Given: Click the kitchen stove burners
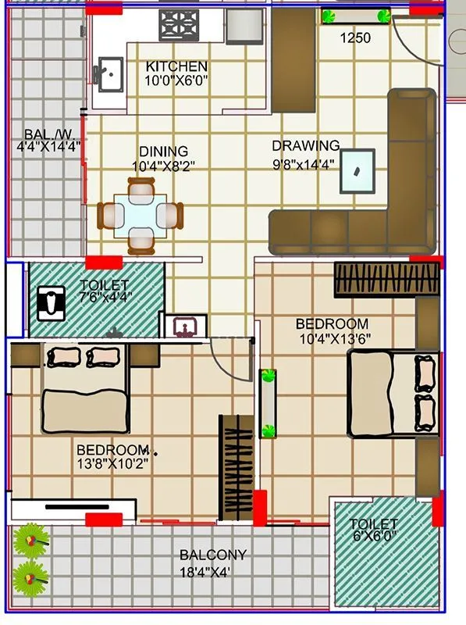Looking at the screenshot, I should pyautogui.click(x=179, y=25).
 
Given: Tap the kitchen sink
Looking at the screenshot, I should pyautogui.click(x=110, y=74).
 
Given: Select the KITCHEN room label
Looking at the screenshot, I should pyautogui.click(x=176, y=66).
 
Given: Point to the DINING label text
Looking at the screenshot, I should pyautogui.click(x=163, y=152).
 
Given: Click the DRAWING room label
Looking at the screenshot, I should pyautogui.click(x=305, y=145).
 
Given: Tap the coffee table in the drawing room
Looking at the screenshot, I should pyautogui.click(x=357, y=171).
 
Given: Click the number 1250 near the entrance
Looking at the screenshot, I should pyautogui.click(x=354, y=37).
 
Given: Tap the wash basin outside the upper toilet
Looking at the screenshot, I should pyautogui.click(x=185, y=326).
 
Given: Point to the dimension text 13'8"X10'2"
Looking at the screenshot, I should pyautogui.click(x=112, y=463).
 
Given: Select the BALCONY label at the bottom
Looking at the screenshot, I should pyautogui.click(x=213, y=555).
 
